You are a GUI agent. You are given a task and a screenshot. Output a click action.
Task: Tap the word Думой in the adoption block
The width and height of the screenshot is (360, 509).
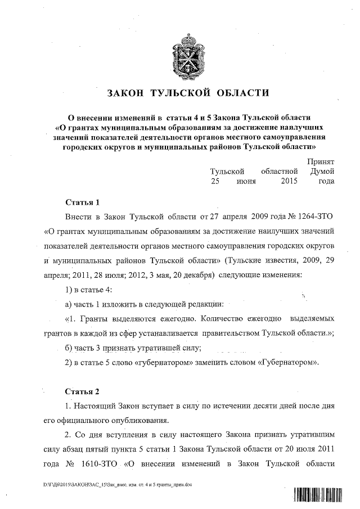point(322,171)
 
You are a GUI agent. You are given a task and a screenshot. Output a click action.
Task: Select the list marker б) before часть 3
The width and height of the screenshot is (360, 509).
point(69,348)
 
